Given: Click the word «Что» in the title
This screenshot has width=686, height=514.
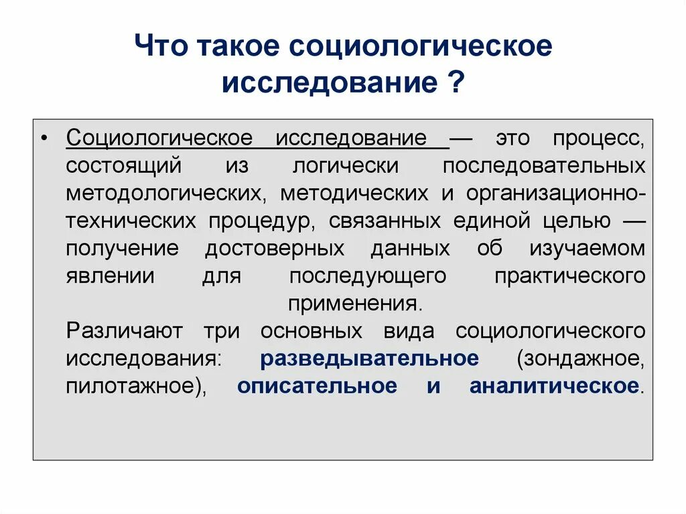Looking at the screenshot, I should click(160, 48).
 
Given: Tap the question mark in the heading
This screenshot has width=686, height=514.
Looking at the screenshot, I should click(456, 85).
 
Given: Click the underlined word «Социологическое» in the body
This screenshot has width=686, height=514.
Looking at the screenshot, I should click(159, 139).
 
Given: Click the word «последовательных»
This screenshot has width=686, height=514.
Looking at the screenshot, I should click(544, 166).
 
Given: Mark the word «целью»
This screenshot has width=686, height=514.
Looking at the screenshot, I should click(578, 220).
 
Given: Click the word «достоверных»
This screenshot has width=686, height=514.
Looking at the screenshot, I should click(275, 248).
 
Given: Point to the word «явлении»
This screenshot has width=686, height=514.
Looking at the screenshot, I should click(111, 275).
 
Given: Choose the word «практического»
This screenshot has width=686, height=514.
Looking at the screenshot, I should click(569, 275).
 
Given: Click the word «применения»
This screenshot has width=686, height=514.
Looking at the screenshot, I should click(355, 303).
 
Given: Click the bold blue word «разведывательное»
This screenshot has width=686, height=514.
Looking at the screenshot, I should click(369, 358).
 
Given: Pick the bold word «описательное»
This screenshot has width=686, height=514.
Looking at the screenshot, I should click(316, 386).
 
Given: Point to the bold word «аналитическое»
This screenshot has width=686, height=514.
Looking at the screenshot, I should click(553, 386).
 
